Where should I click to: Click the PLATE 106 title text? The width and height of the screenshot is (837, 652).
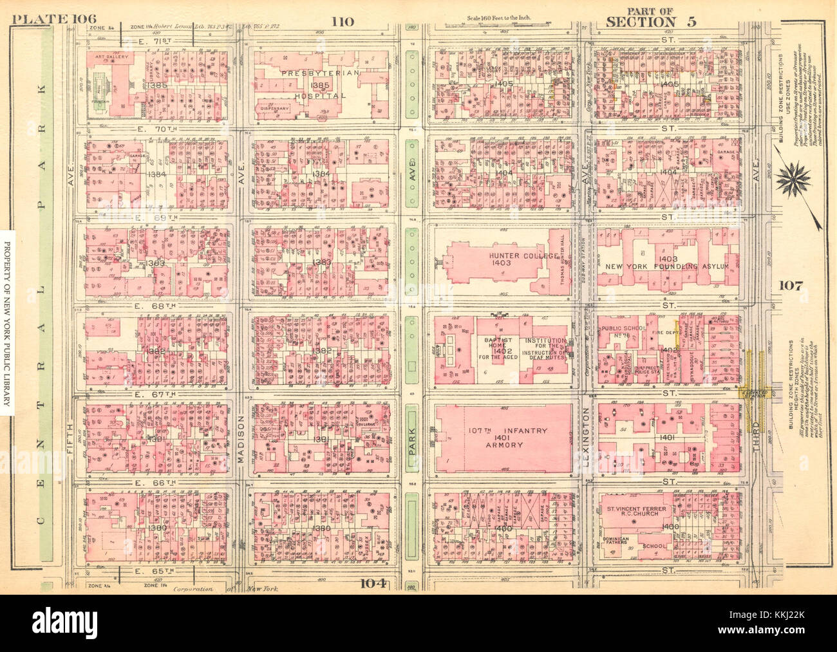[x=50, y=18]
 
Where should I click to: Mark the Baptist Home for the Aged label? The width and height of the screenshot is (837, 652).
[x=493, y=348]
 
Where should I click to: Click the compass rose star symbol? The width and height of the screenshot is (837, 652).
[x=798, y=180]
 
